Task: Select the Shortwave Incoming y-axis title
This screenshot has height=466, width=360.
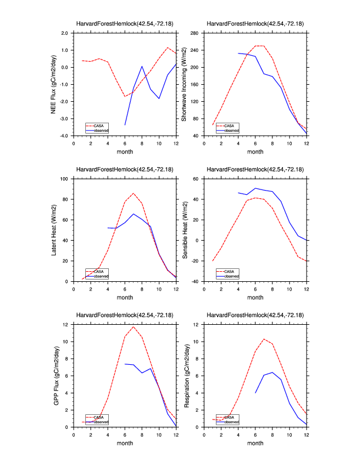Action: click(x=184, y=85)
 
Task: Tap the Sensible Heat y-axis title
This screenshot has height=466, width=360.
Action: click(x=184, y=230)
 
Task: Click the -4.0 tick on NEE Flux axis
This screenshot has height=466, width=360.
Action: click(x=64, y=136)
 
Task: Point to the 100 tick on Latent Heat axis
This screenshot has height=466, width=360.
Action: click(x=66, y=178)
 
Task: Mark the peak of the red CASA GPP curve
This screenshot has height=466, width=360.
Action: click(x=134, y=327)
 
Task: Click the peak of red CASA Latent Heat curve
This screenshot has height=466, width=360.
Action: click(x=134, y=193)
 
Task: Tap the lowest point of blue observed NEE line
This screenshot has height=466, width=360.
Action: click(x=125, y=125)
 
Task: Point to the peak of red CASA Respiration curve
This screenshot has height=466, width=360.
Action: click(x=264, y=339)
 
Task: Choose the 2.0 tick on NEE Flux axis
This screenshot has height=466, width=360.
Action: click(x=64, y=33)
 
